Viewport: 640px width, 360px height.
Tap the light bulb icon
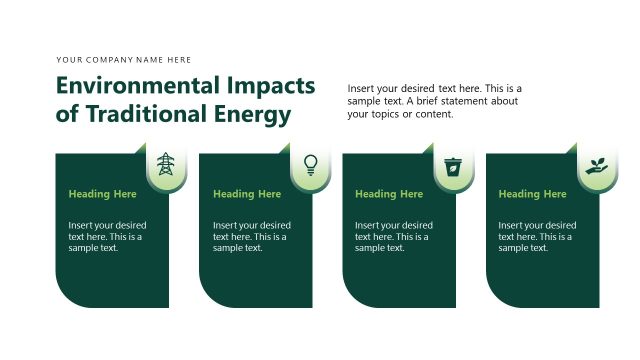point(311,164)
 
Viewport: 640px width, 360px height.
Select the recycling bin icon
point(454,165)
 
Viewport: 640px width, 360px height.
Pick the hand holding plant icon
point(597,165)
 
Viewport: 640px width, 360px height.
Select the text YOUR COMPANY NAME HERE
point(124,60)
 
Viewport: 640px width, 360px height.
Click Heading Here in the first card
point(103,194)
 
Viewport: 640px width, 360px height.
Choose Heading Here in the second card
point(247,194)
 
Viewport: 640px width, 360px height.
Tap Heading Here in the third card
point(389,194)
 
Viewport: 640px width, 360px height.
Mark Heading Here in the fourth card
point(533,194)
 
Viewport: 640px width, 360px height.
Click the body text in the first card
point(107,237)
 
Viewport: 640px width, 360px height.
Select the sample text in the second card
point(251,237)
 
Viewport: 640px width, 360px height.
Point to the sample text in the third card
point(394,237)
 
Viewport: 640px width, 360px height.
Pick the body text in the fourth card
point(537,237)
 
